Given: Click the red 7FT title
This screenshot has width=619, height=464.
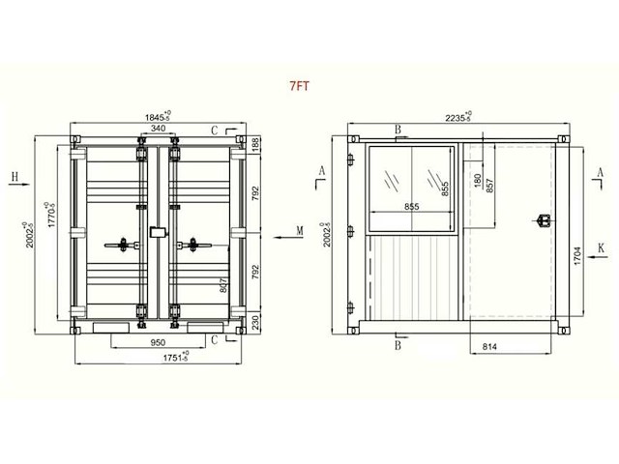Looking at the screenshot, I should (x=299, y=85).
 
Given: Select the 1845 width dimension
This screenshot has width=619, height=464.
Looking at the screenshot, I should (x=155, y=116).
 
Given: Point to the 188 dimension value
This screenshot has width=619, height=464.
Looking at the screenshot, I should (x=256, y=143).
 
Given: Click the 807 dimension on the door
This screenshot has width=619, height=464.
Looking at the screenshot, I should (x=223, y=284).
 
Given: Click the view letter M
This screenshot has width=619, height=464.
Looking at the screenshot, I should (x=300, y=232).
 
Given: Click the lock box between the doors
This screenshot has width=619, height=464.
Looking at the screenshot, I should (x=157, y=233).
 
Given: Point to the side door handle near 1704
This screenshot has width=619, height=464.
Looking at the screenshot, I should (x=544, y=220).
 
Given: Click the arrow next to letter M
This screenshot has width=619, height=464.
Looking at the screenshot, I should (x=280, y=232).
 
